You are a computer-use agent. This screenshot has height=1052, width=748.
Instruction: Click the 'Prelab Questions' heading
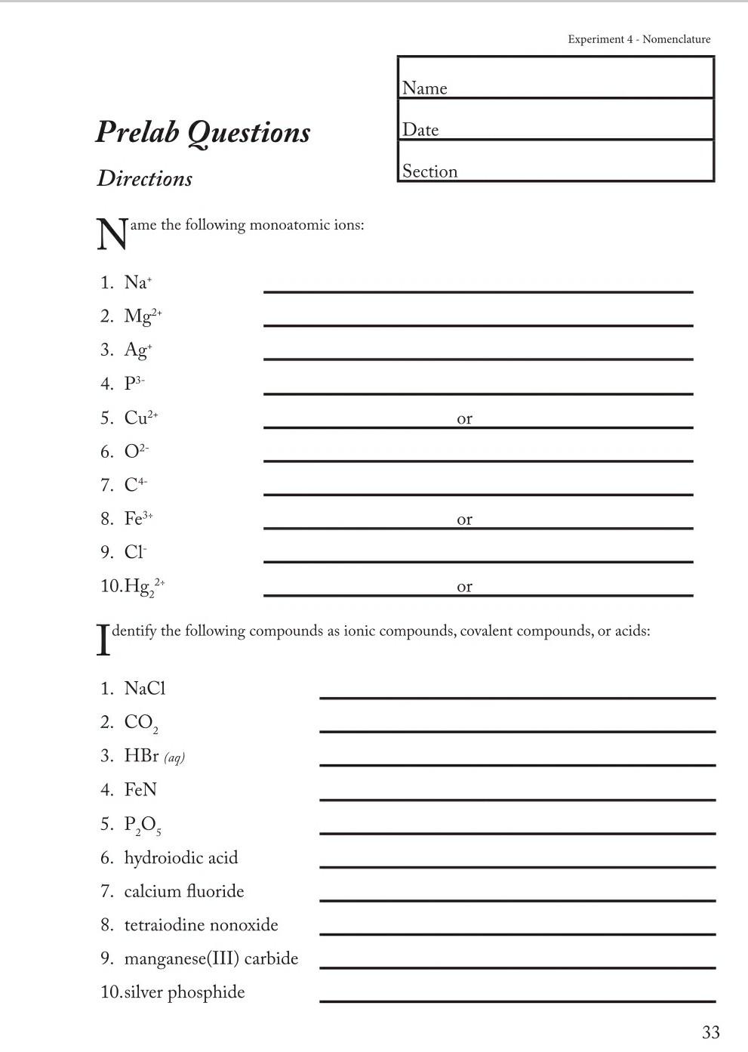203,132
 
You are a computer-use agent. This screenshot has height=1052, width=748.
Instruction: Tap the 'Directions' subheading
144,179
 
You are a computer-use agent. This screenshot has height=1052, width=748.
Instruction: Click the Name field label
424,88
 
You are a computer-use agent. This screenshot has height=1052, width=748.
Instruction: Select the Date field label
420,130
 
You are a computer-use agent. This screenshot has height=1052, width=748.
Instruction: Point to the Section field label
429,171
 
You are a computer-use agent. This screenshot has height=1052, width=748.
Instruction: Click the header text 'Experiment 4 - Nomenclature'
639,39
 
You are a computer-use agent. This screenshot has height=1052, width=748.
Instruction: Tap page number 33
710,1032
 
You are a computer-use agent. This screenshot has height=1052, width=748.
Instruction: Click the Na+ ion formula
138,282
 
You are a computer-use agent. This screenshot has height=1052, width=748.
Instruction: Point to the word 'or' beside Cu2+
464,418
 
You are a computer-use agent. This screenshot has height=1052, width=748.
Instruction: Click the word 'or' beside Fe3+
464,520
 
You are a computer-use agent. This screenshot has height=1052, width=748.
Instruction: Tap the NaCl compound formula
145,689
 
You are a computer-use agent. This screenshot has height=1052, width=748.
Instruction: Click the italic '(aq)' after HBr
174,757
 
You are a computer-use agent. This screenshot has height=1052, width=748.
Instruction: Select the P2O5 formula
143,825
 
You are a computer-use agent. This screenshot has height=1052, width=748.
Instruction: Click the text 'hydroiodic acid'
181,858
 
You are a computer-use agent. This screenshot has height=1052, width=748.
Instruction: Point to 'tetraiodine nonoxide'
201,925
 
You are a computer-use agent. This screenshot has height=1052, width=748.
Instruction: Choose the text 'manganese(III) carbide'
211,958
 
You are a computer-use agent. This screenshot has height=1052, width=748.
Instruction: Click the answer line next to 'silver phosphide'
517,1000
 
